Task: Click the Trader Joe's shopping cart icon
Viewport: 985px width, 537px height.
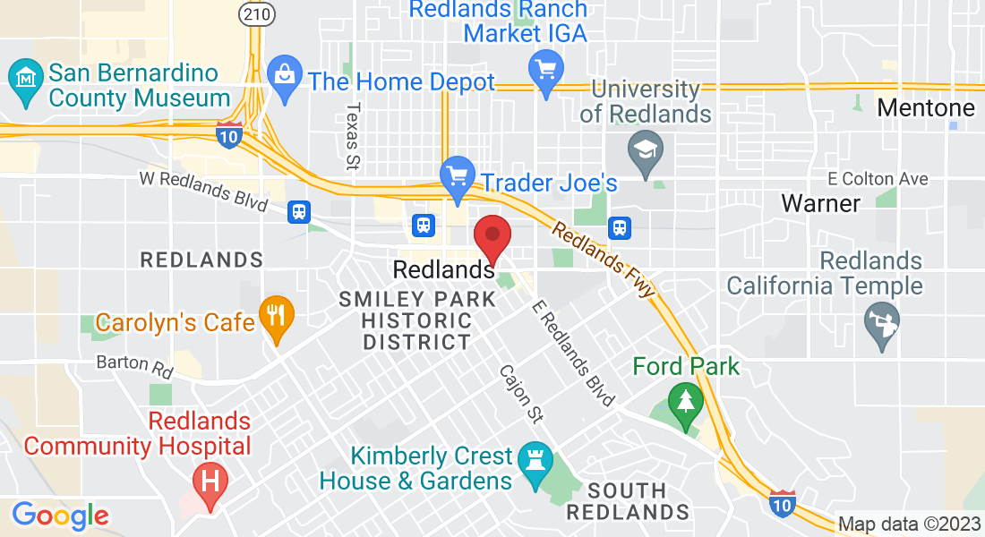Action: pos(458,176)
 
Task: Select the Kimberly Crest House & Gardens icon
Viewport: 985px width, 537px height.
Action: pos(535,462)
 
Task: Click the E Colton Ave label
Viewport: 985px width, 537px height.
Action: pos(878,179)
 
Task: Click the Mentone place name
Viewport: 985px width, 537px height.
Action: pos(925,108)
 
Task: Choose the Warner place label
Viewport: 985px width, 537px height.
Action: pos(820,203)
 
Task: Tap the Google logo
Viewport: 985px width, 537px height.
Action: pos(60,515)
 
